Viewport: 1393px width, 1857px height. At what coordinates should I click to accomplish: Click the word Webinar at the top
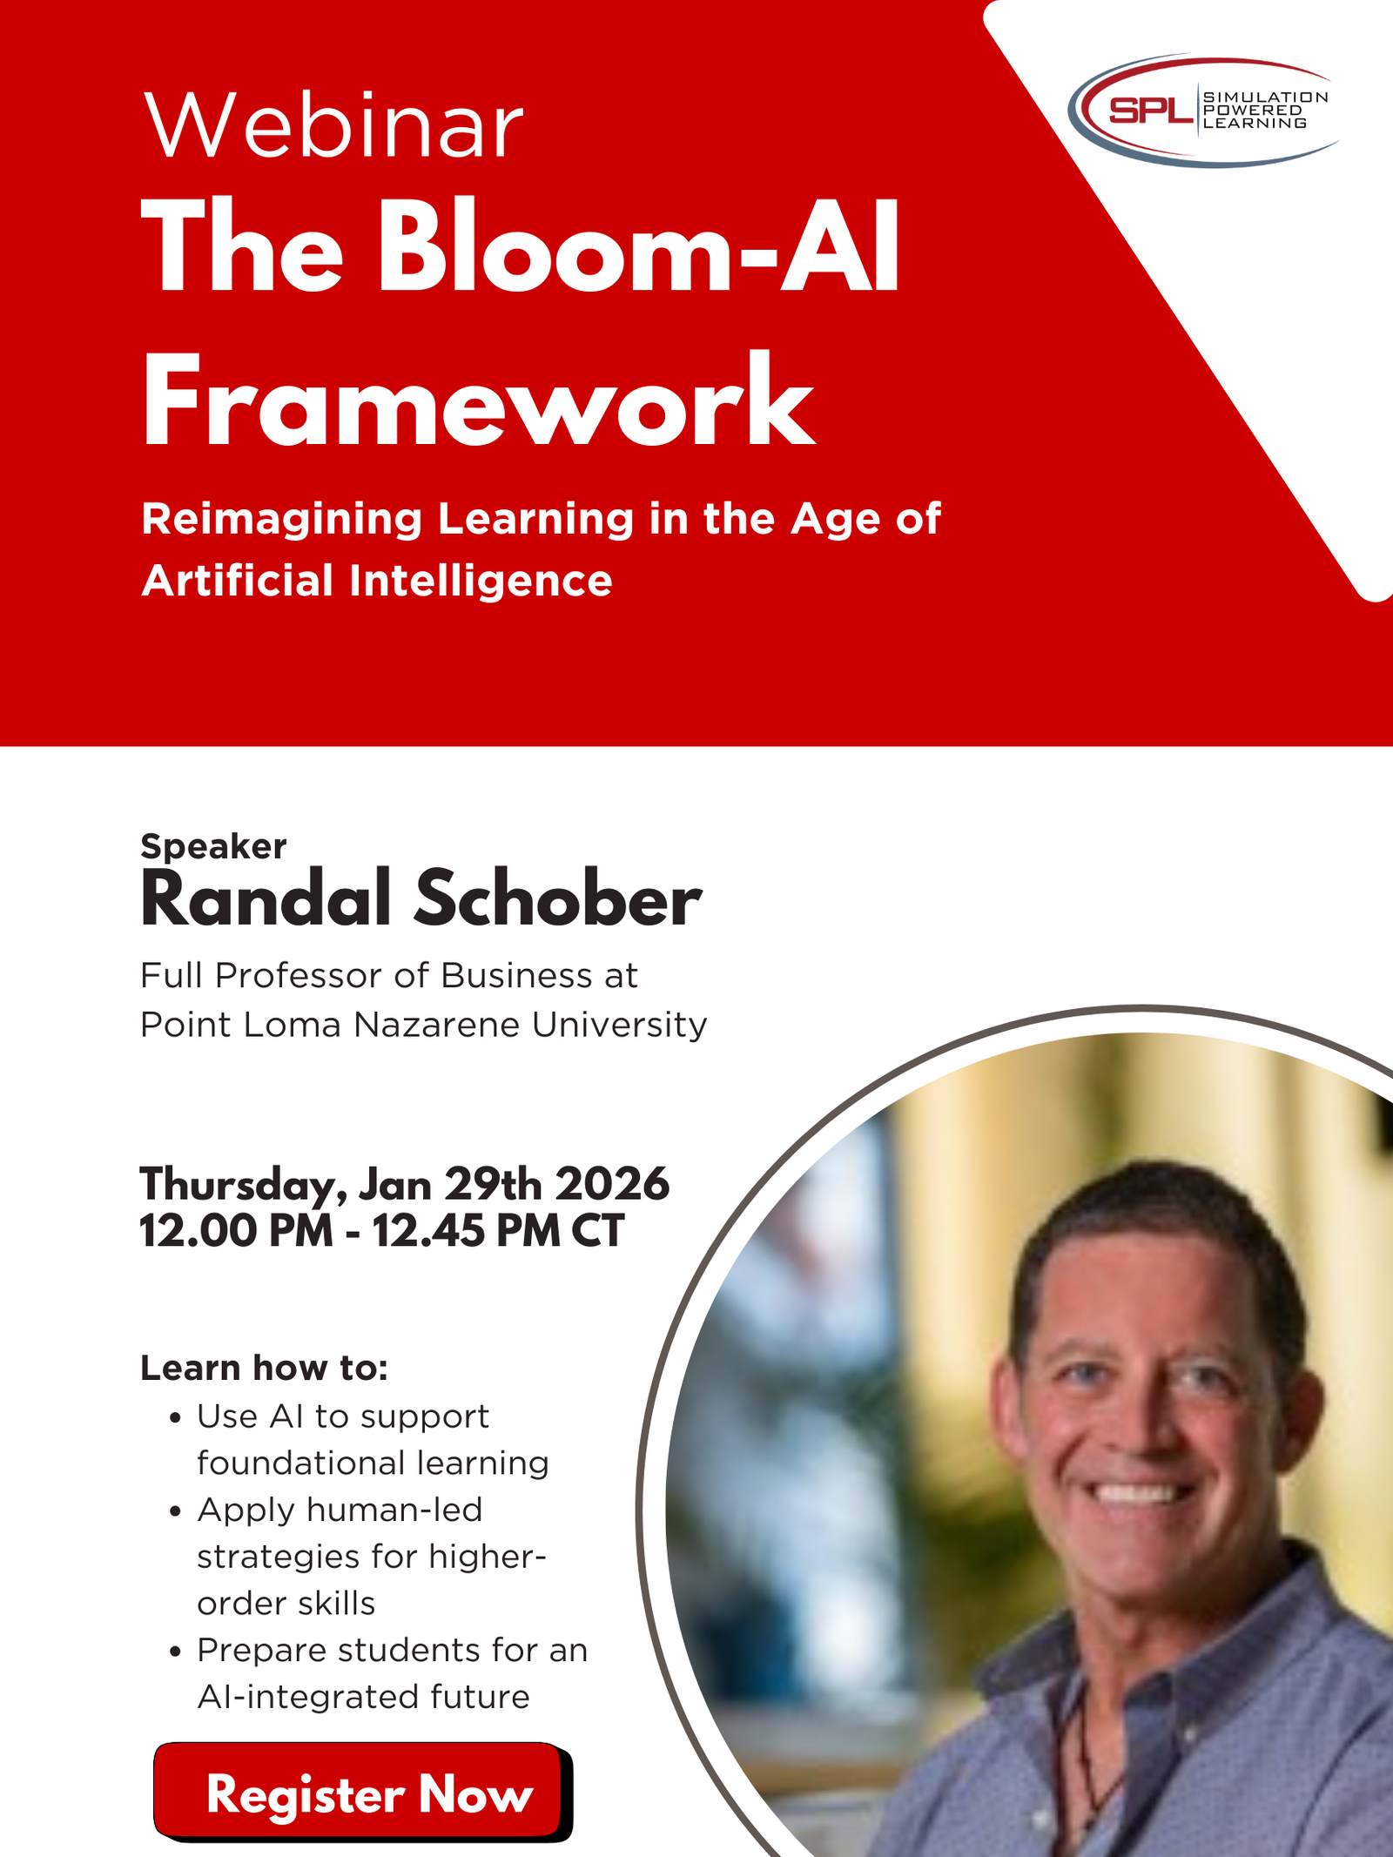coord(333,127)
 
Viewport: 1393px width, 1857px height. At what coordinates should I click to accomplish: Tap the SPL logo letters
coord(1150,111)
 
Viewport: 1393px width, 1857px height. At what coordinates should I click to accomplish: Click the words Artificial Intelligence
coord(376,581)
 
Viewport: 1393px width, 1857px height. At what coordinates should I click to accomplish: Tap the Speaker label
coord(213,846)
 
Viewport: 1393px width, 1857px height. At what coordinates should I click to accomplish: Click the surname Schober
coord(557,900)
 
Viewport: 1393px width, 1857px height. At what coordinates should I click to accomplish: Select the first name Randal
coord(266,900)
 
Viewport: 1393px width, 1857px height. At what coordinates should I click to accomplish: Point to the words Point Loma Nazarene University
coord(423,1025)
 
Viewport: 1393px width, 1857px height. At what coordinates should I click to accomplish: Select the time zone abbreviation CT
coord(597,1231)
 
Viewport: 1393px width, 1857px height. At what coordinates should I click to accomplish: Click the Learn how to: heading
coord(264,1369)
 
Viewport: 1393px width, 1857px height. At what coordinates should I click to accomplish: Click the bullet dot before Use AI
coord(176,1418)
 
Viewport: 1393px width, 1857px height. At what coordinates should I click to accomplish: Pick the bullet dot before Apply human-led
coord(176,1512)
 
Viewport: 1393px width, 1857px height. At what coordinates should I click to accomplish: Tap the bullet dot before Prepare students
coord(176,1652)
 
